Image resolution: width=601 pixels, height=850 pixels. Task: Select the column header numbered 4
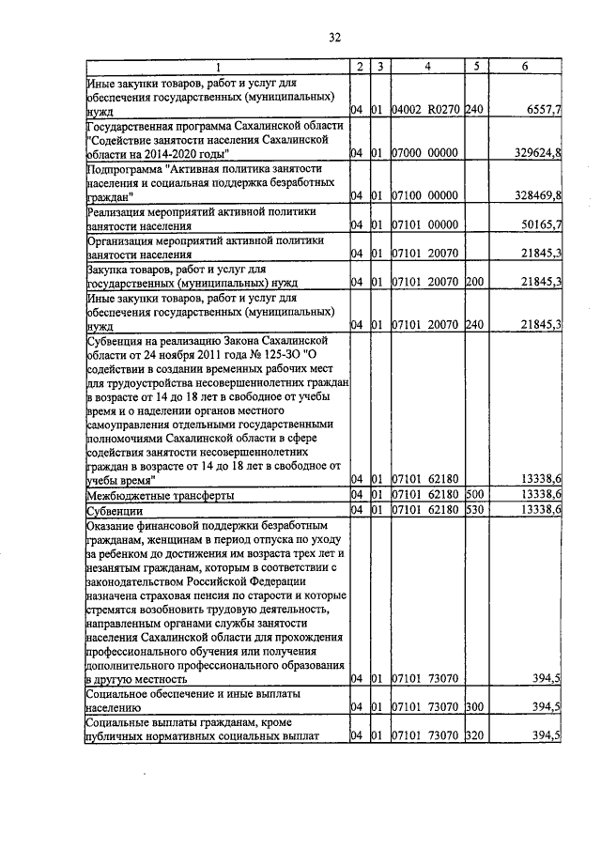[426, 67]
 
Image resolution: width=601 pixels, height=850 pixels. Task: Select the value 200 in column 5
[473, 282]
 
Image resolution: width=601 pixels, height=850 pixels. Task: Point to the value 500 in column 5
[473, 494]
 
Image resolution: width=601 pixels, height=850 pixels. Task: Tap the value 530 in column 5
[473, 509]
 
